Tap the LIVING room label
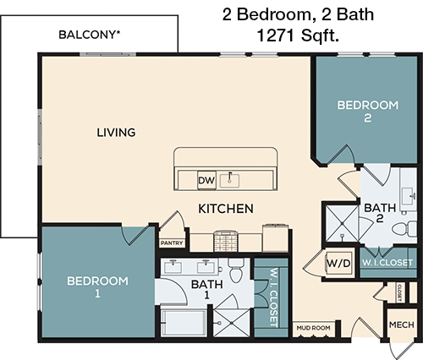pos(116,133)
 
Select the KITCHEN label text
pos(227,208)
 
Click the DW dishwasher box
pos(206,180)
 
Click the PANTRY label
pos(172,243)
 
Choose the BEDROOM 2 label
pos(367,112)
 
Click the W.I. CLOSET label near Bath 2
pos(387,262)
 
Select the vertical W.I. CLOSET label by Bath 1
pos(272,298)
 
